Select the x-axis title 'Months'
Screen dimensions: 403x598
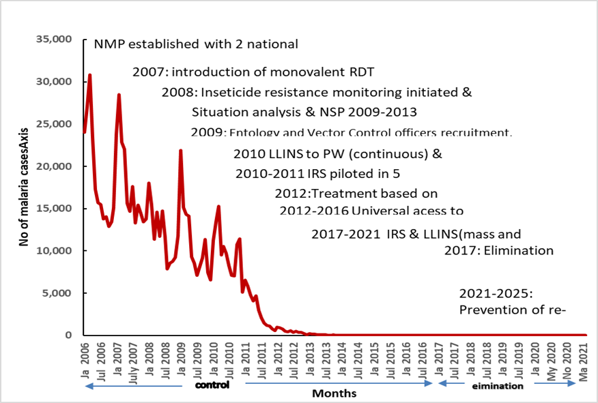click(334, 393)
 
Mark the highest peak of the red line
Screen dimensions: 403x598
click(89, 75)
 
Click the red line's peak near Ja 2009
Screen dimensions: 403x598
click(180, 150)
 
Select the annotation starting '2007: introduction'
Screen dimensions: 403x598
click(253, 72)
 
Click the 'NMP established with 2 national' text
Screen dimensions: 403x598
click(197, 45)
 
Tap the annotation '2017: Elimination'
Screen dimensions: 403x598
click(498, 250)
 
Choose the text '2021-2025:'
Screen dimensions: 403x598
click(495, 294)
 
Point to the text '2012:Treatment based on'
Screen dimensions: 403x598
click(356, 194)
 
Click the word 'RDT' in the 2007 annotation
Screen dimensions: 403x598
click(362, 72)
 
